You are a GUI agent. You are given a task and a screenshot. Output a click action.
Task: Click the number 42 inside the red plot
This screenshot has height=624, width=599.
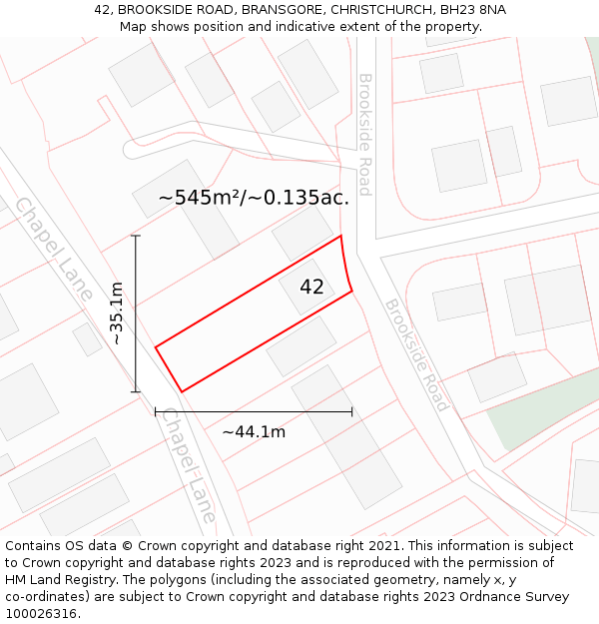311,288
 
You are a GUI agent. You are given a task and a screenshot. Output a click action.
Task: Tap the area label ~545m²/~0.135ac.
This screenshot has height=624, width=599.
254,198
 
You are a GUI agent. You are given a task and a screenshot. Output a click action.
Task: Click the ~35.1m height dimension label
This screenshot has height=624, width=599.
117,312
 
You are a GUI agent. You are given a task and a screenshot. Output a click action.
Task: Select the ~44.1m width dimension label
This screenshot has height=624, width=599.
254,432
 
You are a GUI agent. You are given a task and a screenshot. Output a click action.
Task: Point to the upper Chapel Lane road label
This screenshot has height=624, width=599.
54,249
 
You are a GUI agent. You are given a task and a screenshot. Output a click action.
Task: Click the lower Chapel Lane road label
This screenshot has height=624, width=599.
189,465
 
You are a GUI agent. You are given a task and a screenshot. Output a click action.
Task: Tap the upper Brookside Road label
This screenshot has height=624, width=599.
365,134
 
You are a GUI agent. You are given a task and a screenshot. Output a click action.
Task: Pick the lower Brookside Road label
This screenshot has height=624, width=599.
416,354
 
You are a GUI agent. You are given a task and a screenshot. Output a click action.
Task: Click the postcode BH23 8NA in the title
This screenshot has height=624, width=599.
474,9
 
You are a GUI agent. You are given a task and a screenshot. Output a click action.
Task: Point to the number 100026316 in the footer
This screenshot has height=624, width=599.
40,614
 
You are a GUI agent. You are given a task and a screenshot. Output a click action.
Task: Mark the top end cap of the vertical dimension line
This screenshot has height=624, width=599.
136,236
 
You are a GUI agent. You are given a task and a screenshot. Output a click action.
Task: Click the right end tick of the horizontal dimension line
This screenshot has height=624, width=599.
351,410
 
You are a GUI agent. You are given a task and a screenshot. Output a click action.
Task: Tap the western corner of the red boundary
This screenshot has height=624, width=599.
156,347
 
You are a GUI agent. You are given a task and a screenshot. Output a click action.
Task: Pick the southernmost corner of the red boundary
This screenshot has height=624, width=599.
182,391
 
